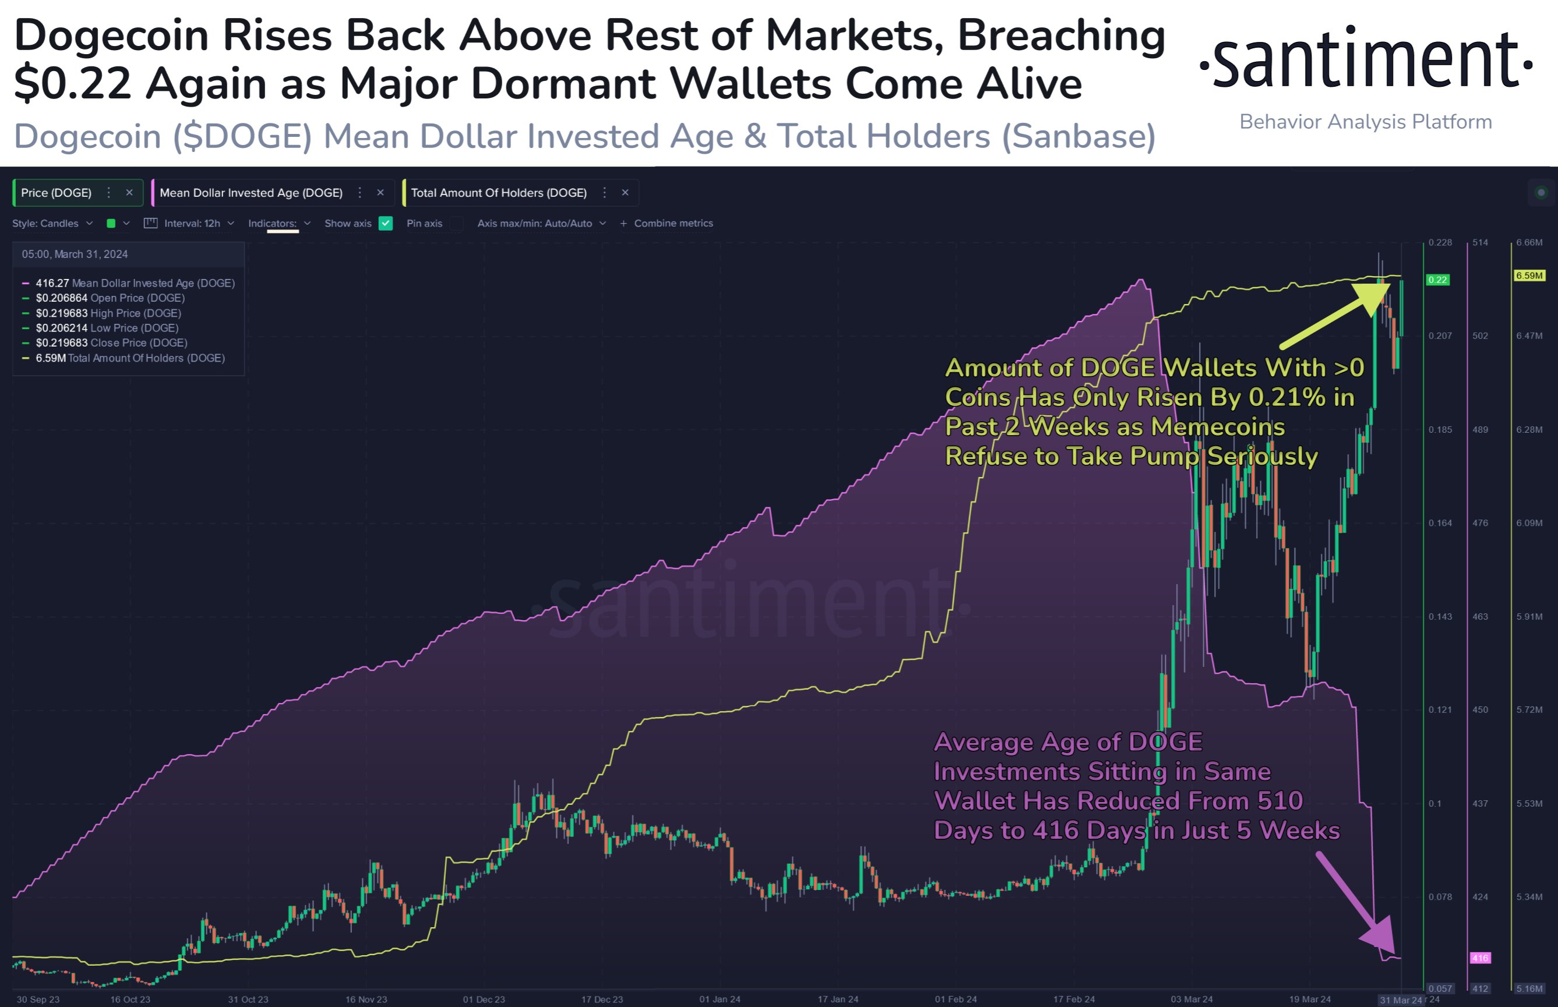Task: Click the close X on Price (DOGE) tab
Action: pyautogui.click(x=129, y=192)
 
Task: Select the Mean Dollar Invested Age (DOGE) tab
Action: pyautogui.click(x=251, y=193)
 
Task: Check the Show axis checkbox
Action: pyautogui.click(x=386, y=224)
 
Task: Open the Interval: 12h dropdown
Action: pyautogui.click(x=192, y=224)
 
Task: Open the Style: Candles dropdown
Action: pyautogui.click(x=52, y=224)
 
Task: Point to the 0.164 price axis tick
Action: pyautogui.click(x=1440, y=523)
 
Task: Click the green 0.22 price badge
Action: pyautogui.click(x=1437, y=280)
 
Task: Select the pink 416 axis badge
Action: pyautogui.click(x=1480, y=958)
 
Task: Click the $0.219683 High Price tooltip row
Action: pyautogui.click(x=108, y=313)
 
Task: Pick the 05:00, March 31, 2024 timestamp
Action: pyautogui.click(x=75, y=255)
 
